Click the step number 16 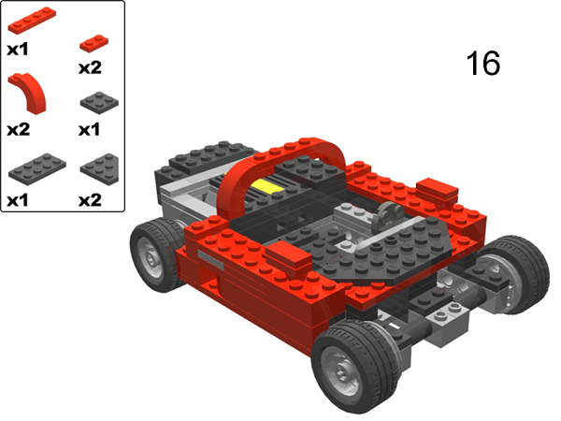pyautogui.click(x=482, y=64)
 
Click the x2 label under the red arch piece pyautogui.click(x=19, y=130)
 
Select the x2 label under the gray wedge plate pyautogui.click(x=90, y=199)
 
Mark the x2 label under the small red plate pyautogui.click(x=90, y=67)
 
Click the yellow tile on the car pyautogui.click(x=268, y=186)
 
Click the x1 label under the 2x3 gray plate pyautogui.click(x=19, y=199)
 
